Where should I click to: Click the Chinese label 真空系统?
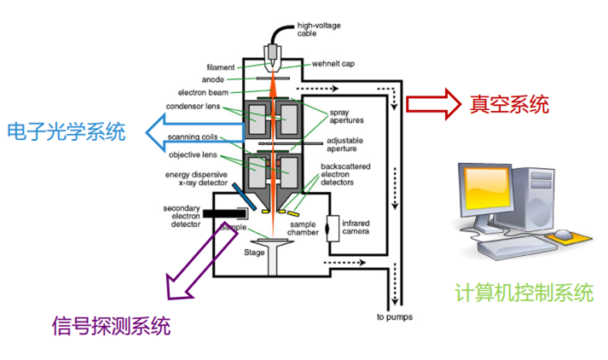tap(507, 105)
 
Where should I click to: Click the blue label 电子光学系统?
tap(65, 132)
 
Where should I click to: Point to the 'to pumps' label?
tap(394, 319)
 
